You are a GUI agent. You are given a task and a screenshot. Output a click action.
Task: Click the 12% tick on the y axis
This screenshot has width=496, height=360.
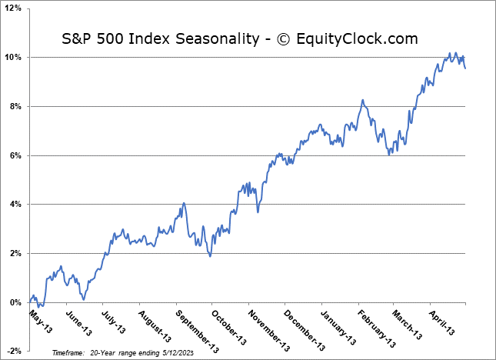(x=15, y=8)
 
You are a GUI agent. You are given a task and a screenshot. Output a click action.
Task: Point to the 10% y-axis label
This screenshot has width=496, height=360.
(x=15, y=58)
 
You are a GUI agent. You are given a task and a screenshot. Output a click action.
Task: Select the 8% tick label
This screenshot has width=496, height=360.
(x=17, y=107)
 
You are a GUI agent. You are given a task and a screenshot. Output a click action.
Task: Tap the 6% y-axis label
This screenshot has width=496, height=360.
(x=17, y=155)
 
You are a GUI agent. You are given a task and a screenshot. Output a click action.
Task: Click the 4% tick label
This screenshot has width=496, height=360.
(x=17, y=205)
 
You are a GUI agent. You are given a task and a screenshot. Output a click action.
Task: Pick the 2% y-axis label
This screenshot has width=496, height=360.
(x=17, y=254)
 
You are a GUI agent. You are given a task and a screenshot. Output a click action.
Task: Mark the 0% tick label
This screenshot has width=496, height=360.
(x=17, y=302)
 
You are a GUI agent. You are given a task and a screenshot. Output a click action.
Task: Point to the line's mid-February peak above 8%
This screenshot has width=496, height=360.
(x=362, y=101)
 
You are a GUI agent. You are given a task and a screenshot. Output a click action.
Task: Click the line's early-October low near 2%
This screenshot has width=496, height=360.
(x=211, y=255)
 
